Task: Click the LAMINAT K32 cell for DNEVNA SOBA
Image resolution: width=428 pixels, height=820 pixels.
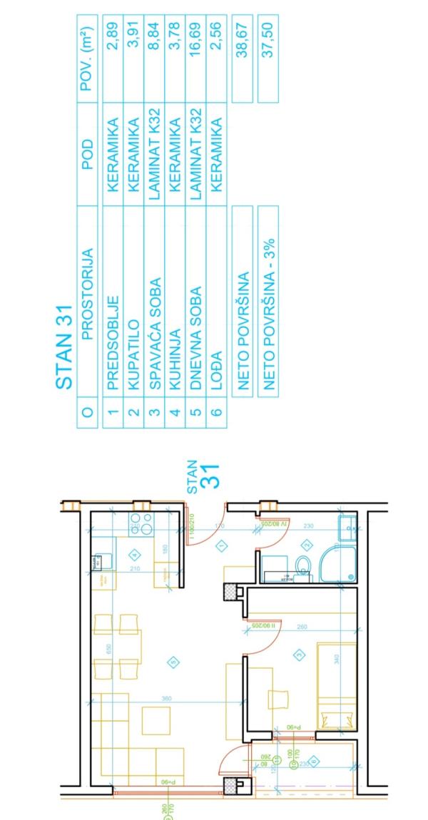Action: [195, 153]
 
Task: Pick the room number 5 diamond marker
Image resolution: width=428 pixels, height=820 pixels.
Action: [173, 662]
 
